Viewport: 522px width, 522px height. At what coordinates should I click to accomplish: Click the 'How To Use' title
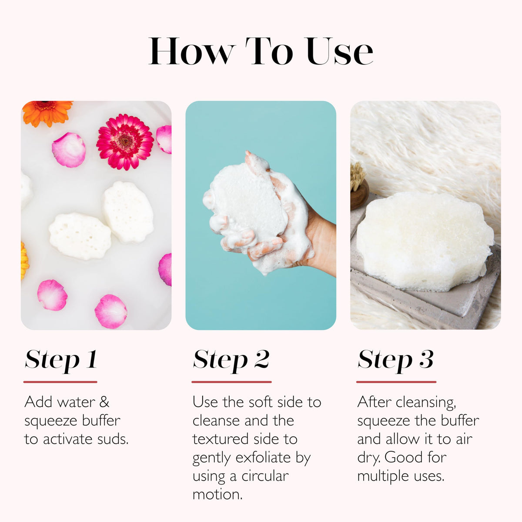[x=261, y=51]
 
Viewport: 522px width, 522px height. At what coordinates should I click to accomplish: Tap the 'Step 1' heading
[x=61, y=360]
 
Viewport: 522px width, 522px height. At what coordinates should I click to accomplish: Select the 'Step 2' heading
[x=231, y=360]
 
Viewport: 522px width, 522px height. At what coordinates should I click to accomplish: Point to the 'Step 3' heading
[x=395, y=360]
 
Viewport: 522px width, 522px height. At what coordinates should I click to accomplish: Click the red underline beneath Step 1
[x=60, y=382]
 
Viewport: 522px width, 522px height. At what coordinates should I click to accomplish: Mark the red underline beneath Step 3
[x=396, y=382]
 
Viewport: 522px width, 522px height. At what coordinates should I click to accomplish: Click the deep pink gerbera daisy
[x=125, y=142]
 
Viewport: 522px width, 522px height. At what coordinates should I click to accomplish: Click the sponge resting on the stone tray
[x=425, y=241]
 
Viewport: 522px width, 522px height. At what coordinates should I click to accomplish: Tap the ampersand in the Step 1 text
[x=104, y=402]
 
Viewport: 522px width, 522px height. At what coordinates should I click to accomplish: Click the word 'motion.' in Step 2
[x=217, y=495]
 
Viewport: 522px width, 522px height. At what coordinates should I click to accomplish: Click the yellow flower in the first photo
[x=24, y=260]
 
